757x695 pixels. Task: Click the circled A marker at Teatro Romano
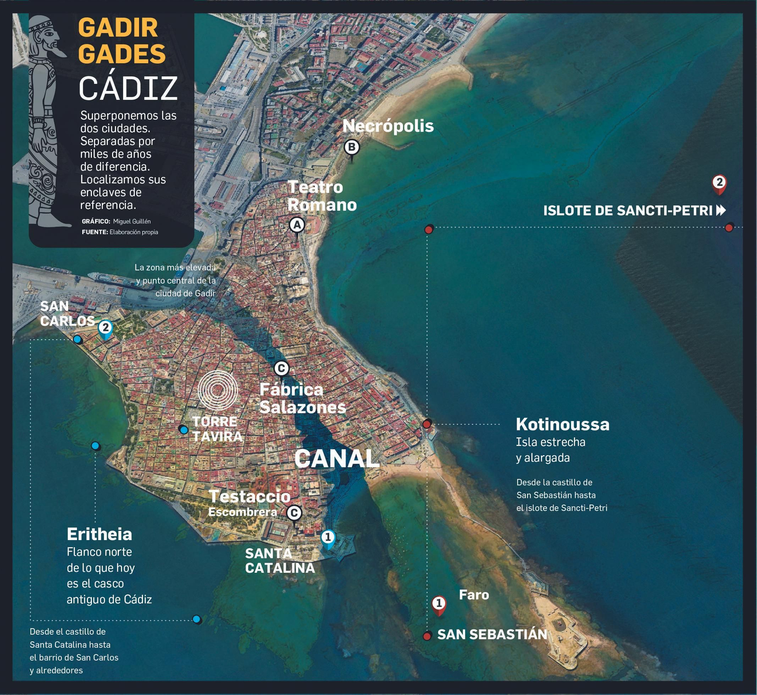(x=297, y=225)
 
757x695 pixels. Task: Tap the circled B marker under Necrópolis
(x=352, y=147)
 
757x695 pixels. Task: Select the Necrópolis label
(x=388, y=126)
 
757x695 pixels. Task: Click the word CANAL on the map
(x=337, y=459)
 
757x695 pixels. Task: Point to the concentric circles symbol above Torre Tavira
(x=218, y=390)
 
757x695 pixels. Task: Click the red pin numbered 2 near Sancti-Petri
(x=719, y=183)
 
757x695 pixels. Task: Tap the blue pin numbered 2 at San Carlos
(x=105, y=328)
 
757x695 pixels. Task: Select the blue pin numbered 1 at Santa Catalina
(x=328, y=538)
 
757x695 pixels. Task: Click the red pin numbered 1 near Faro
(x=439, y=604)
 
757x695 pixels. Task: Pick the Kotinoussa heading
(x=563, y=424)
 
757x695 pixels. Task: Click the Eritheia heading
(x=99, y=534)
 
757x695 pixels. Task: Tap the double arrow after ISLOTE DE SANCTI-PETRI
(x=721, y=210)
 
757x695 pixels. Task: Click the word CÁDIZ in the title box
(x=128, y=89)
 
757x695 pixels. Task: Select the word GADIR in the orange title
(x=118, y=28)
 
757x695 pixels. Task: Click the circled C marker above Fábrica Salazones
(x=281, y=368)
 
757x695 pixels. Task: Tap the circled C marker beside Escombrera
(x=294, y=513)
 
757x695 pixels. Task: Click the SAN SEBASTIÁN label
(x=492, y=635)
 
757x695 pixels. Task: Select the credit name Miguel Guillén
(x=132, y=221)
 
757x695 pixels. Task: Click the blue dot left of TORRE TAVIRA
(x=183, y=429)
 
